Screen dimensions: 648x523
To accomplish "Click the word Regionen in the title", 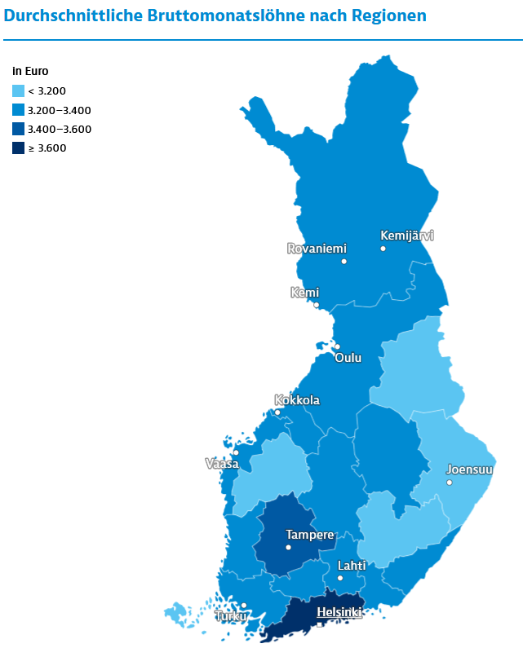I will [383, 15].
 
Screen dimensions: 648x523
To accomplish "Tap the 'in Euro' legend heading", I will [30, 72].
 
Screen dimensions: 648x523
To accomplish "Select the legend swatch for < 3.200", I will [19, 91].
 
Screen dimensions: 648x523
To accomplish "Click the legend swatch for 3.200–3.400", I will [19, 110].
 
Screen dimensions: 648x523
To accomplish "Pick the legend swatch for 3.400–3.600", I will [19, 129].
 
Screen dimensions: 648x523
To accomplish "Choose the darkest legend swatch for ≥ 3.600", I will [19, 148].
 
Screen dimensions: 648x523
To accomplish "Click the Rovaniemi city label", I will [317, 249].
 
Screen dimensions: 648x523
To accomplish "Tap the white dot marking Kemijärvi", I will [383, 248].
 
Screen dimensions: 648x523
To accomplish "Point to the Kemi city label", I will [304, 293].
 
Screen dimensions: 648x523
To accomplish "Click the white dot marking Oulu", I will [337, 346].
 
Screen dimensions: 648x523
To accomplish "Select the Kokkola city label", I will [297, 400].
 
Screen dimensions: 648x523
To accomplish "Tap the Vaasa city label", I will [221, 464].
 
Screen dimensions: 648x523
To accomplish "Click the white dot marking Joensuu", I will [449, 483].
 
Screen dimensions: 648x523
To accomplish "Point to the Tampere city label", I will [309, 535].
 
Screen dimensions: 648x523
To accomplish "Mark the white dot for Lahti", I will [340, 578].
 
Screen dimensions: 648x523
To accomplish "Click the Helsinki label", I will [339, 611].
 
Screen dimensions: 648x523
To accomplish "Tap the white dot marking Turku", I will [243, 605].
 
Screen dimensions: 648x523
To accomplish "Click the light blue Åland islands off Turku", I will [176, 611].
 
